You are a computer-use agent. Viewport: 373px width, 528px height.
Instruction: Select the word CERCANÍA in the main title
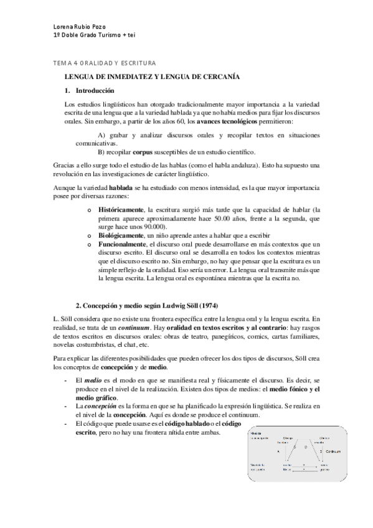pyautogui.click(x=216, y=77)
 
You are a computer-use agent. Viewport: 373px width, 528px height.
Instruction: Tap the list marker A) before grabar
pyautogui.click(x=104, y=135)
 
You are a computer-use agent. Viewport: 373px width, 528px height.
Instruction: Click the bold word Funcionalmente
pyautogui.click(x=123, y=245)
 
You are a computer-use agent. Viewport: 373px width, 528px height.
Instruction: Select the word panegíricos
pyautogui.click(x=216, y=337)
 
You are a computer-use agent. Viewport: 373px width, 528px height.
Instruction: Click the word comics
pyautogui.click(x=250, y=337)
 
